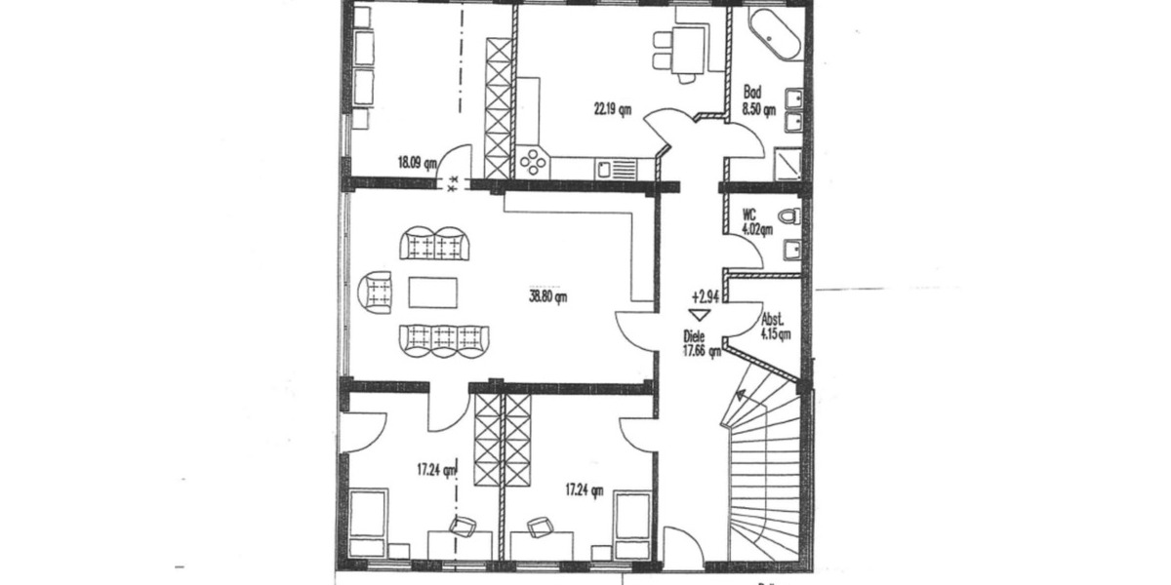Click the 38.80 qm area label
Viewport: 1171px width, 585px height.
point(547,298)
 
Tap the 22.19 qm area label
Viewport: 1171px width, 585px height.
point(612,108)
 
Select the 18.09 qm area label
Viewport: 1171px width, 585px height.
point(417,164)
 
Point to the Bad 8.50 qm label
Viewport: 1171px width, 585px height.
point(765,102)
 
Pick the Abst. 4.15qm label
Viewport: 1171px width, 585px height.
point(776,325)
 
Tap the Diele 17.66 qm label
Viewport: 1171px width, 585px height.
point(701,344)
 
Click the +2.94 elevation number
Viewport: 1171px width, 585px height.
point(705,294)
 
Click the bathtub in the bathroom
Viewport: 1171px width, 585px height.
point(776,35)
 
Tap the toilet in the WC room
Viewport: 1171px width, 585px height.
point(790,214)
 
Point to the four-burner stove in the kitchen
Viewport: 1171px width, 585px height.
point(533,161)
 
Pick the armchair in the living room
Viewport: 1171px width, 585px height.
point(378,291)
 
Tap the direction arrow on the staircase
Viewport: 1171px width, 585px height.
point(741,397)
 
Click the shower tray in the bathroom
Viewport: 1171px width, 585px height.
point(789,165)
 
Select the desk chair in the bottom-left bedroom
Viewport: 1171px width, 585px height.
point(462,527)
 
